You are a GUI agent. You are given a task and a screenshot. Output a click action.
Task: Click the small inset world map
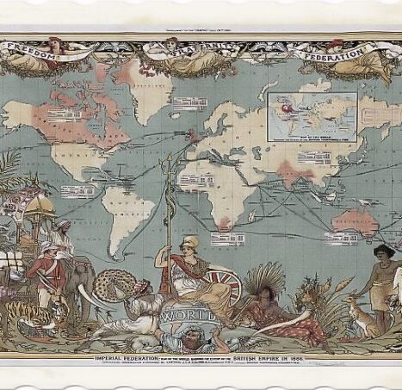point(312,116)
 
